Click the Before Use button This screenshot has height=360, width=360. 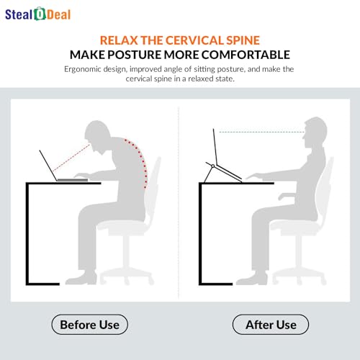pyautogui.click(x=90, y=325)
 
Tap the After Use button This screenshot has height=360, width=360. pyautogui.click(x=271, y=325)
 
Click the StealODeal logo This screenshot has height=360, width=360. pyautogui.click(x=38, y=14)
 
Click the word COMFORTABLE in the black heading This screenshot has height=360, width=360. pyautogui.click(x=246, y=55)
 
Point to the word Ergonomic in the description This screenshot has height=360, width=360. pyautogui.click(x=83, y=69)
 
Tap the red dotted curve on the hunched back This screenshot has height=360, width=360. pyautogui.click(x=140, y=161)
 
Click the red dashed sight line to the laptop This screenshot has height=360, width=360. pyautogui.click(x=71, y=158)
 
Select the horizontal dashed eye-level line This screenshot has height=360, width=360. pyautogui.click(x=262, y=132)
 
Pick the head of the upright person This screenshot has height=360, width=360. pyautogui.click(x=315, y=131)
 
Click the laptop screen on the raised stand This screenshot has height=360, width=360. pyautogui.click(x=215, y=147)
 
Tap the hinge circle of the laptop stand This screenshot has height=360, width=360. pyautogui.click(x=212, y=166)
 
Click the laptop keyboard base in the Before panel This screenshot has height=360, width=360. pyautogui.click(x=73, y=179)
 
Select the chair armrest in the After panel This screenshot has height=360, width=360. pyautogui.click(x=287, y=196)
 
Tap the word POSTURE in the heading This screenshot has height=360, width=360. pyautogui.click(x=135, y=55)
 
